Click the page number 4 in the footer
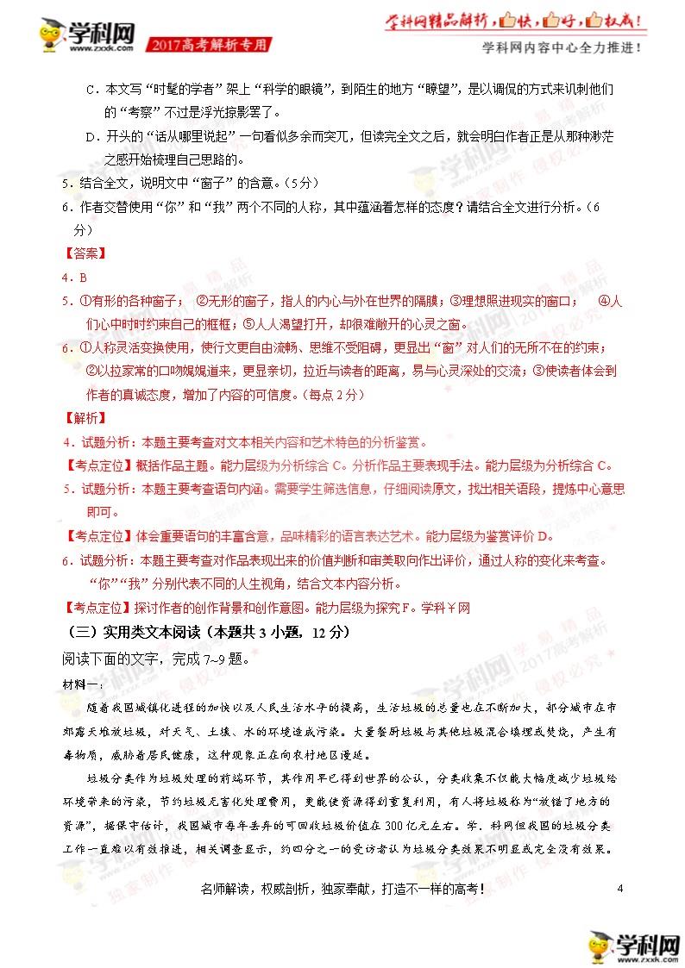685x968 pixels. (620, 888)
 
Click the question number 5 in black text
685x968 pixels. (66, 184)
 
